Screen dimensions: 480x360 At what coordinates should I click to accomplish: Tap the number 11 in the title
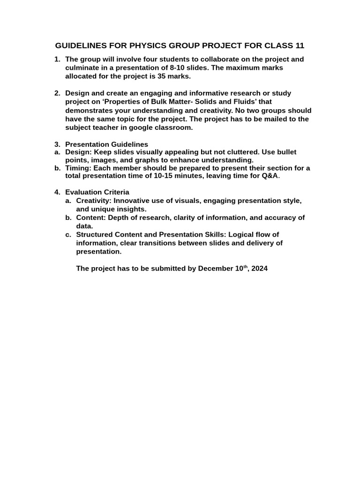[x=300, y=46]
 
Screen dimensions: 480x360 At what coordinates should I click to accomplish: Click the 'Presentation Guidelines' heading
[x=106, y=144]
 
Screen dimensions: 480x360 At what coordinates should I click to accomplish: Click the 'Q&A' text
[x=270, y=177]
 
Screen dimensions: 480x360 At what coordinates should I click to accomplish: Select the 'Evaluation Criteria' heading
[x=97, y=192]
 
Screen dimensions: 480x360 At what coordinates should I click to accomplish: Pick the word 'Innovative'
[x=132, y=201]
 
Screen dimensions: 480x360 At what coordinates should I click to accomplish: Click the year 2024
[x=259, y=269]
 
